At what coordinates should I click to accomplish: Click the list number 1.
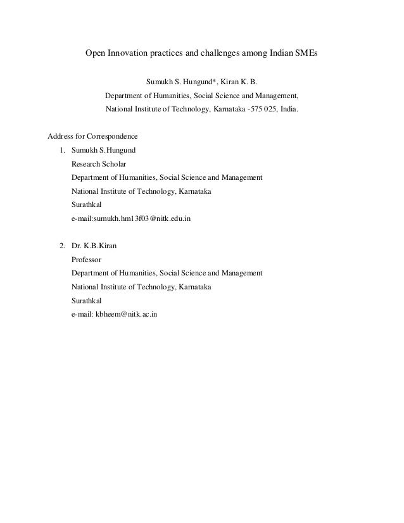tap(61, 151)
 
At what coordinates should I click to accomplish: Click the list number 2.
tap(61, 246)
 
